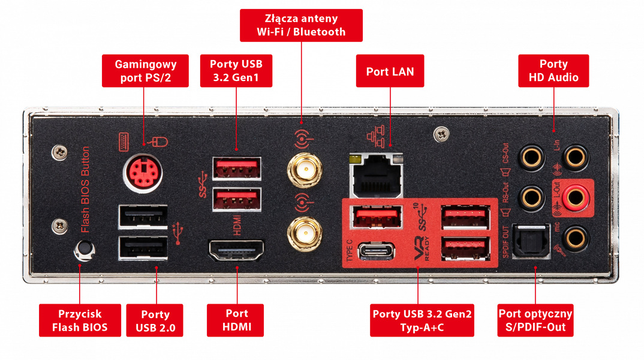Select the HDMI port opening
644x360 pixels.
pos(236,250)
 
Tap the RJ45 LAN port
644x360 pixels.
pos(377,175)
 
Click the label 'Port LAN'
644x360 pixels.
pos(390,72)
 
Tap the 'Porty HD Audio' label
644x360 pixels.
pos(553,70)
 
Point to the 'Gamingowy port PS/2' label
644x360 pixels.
pos(144,71)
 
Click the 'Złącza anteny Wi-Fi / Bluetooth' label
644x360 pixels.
pos(301,25)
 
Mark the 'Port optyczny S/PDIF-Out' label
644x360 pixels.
pos(535,320)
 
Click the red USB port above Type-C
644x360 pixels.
pos(377,216)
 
